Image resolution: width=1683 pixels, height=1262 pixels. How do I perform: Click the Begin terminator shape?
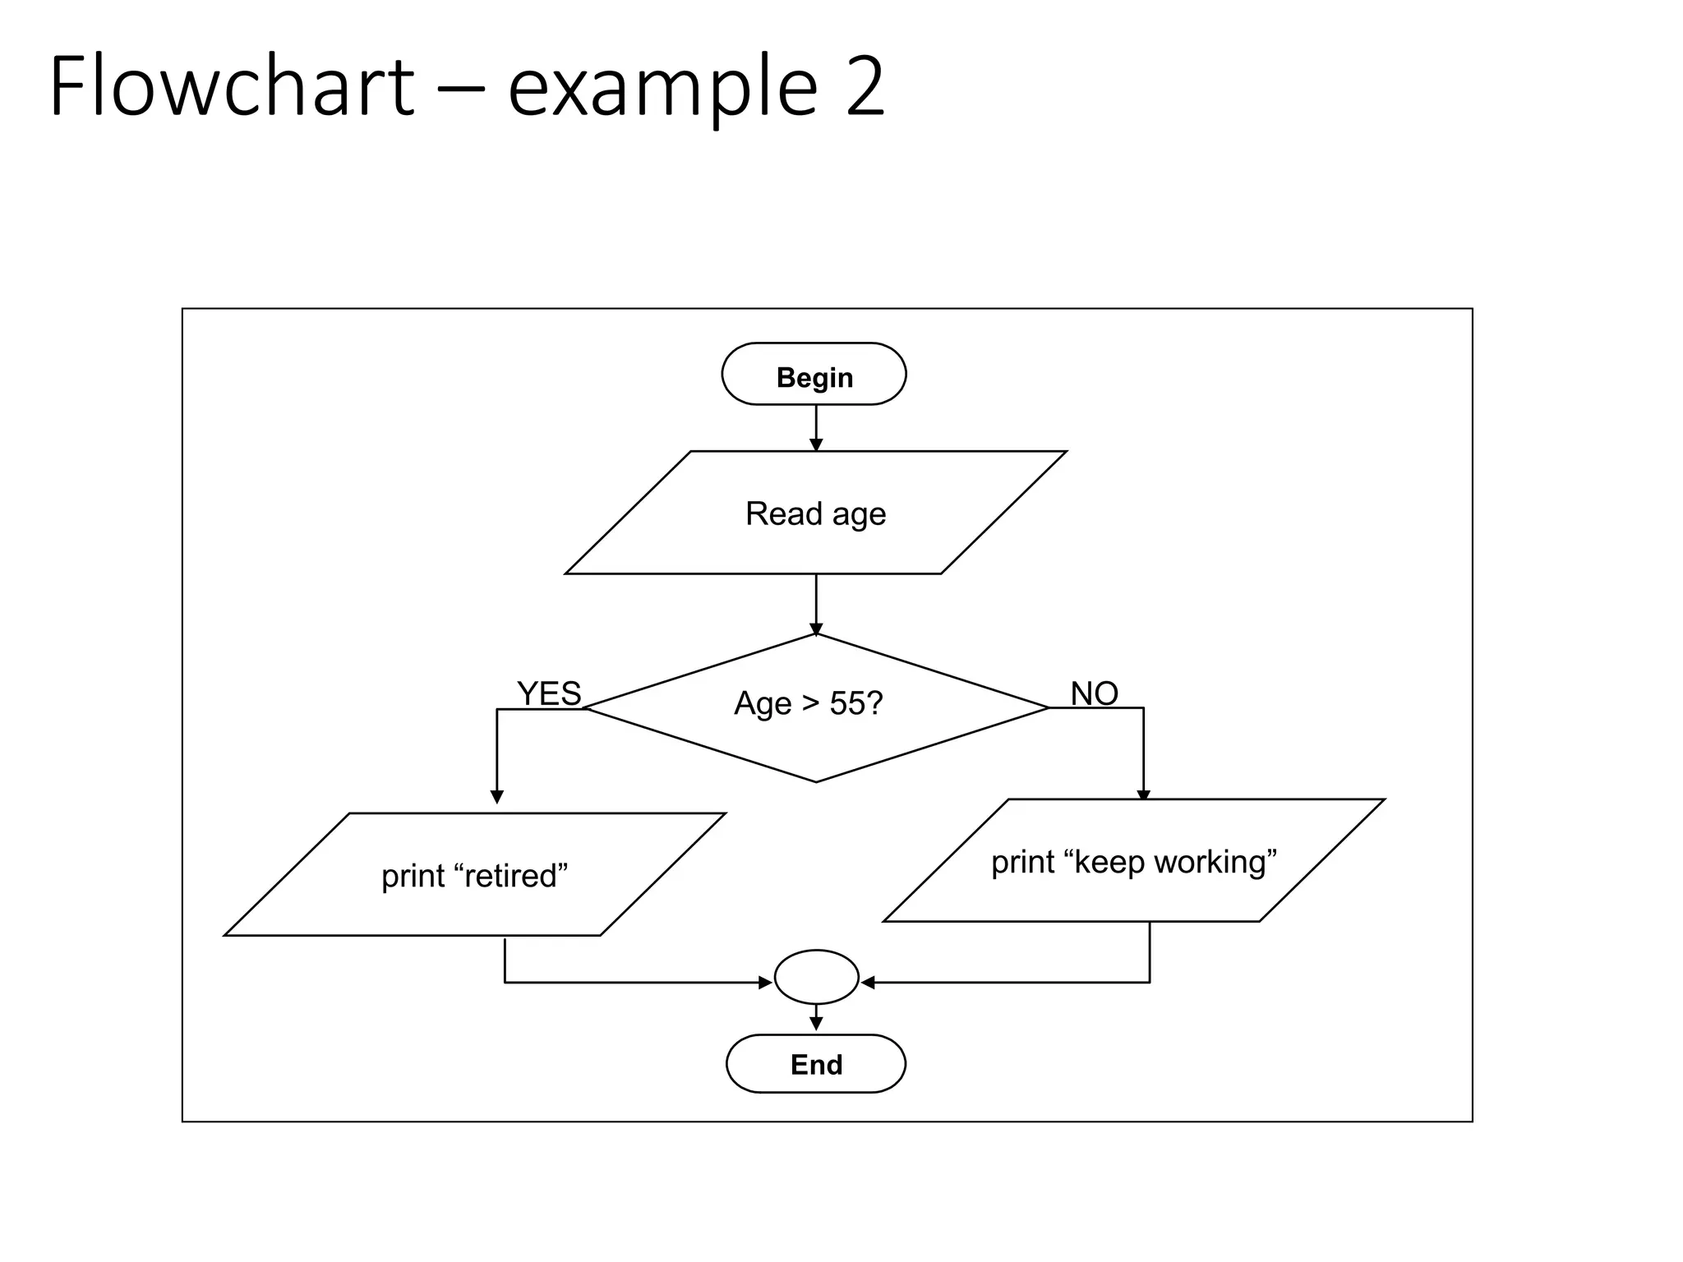pos(814,375)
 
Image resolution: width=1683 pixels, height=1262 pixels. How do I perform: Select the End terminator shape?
pos(815,1064)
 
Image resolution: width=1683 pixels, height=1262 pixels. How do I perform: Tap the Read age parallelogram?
pos(815,514)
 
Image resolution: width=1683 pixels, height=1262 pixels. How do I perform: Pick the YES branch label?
pos(549,694)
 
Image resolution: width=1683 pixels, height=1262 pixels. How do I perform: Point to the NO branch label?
pos(1094,694)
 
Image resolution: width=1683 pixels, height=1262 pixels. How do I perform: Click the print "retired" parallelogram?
pos(475,875)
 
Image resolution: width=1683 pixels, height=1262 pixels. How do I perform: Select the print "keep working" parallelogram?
pos(1134,861)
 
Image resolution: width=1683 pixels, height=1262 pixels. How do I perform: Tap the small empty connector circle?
pos(816,977)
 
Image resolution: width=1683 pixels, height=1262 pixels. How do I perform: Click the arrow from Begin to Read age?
pos(816,427)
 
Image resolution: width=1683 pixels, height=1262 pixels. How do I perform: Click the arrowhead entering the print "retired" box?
pos(496,796)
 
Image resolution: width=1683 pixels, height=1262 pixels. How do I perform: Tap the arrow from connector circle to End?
pos(816,1018)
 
